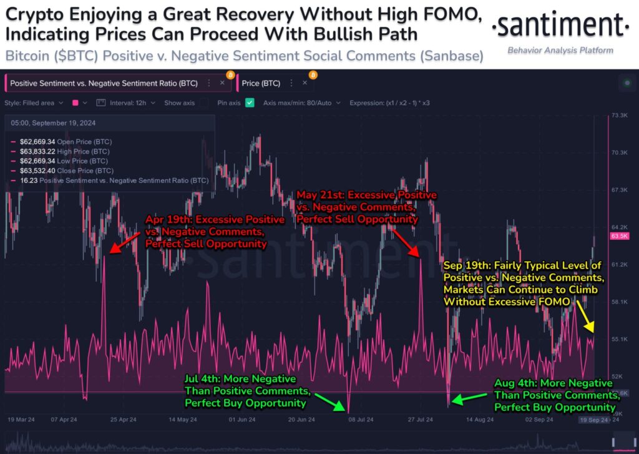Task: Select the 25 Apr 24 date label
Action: point(124,420)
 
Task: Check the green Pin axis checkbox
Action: point(250,102)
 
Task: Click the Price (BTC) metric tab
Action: point(261,82)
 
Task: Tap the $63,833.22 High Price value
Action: point(37,151)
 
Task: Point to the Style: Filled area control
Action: point(29,102)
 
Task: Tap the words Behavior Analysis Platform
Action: point(560,51)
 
